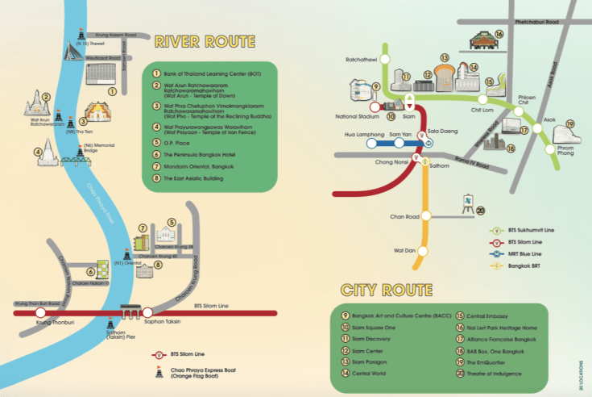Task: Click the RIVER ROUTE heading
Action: [x=205, y=41]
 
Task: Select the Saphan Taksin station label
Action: [x=148, y=322]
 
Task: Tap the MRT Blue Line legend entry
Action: [x=528, y=253]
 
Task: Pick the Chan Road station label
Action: [x=404, y=216]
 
